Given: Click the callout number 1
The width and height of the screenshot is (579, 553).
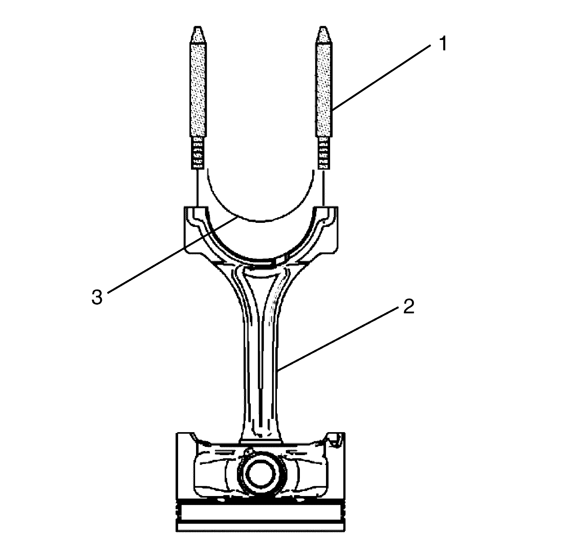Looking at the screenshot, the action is [x=443, y=44].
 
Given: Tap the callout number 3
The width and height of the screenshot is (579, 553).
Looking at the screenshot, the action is [x=97, y=297].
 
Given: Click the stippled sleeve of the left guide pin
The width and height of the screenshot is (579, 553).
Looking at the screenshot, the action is [x=198, y=89].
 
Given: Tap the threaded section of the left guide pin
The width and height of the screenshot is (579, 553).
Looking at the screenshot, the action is [x=198, y=152].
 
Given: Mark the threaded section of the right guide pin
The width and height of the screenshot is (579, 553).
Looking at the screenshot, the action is [x=324, y=152].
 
